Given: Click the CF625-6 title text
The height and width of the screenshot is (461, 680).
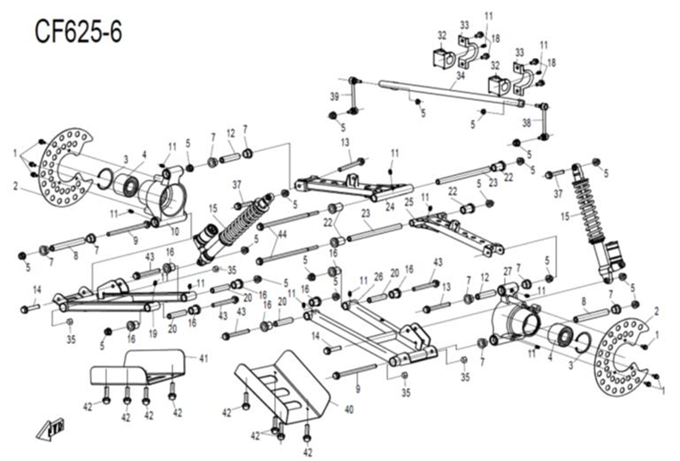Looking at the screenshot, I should (79, 32).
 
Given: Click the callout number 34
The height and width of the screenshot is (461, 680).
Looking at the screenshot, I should (460, 76).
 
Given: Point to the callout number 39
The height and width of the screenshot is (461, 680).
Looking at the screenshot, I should (335, 96).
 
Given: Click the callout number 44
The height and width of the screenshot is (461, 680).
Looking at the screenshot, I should (282, 233).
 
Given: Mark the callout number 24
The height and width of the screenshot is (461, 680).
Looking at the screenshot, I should (390, 205).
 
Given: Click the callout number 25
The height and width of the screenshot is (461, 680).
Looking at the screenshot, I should (410, 202).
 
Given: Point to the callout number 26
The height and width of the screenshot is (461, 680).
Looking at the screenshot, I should (377, 275).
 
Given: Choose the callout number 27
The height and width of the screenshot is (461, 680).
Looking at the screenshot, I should (507, 270).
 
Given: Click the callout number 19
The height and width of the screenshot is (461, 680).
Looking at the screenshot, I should (153, 332).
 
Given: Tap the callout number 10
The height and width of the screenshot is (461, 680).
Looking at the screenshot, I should (175, 231).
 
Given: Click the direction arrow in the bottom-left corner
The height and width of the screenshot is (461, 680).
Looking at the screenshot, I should (45, 432).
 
